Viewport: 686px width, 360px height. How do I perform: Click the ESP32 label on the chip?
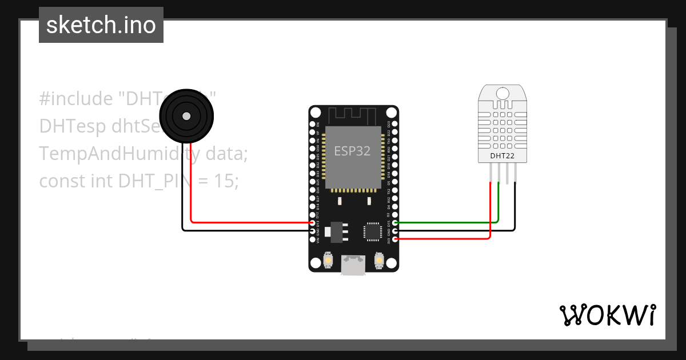click(353, 151)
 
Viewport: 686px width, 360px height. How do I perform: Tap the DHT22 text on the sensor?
click(502, 155)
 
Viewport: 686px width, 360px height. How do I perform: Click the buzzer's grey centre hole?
click(186, 116)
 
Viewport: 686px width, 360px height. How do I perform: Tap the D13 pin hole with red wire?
click(312, 223)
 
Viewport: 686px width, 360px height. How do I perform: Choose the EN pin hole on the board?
click(312, 124)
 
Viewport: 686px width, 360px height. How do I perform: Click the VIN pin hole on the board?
click(312, 239)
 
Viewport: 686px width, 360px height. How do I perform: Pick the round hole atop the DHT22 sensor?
click(502, 93)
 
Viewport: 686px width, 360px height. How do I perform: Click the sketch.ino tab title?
click(101, 25)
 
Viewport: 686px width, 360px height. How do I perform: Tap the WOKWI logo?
click(607, 315)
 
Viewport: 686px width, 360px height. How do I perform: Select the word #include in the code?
click(76, 99)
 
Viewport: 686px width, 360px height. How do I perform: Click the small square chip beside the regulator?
click(372, 231)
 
